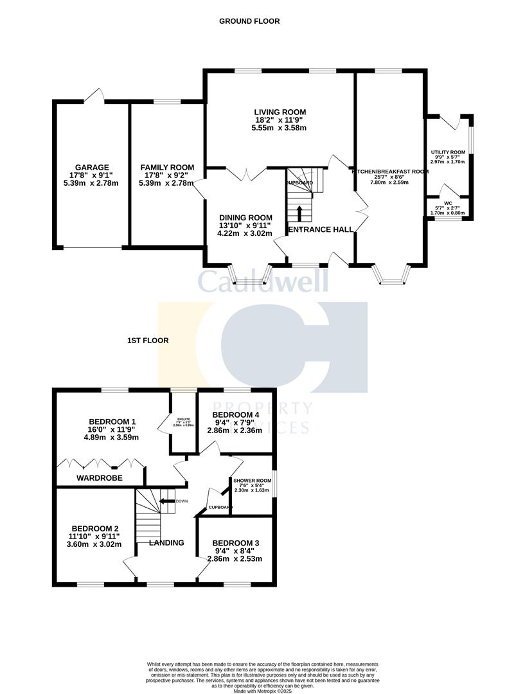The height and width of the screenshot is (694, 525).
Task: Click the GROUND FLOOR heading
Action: pos(249,21)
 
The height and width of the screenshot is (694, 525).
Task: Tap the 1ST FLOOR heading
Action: pos(148,341)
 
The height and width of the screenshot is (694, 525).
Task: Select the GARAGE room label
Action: pos(91,168)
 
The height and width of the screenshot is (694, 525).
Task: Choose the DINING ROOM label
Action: pos(246,217)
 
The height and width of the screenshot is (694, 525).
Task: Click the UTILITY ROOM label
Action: pos(448,152)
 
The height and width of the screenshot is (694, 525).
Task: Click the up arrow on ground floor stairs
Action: pos(299,212)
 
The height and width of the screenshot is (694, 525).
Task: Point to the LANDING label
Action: pos(166,542)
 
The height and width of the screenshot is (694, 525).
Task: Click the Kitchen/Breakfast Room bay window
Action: pos(390,274)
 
